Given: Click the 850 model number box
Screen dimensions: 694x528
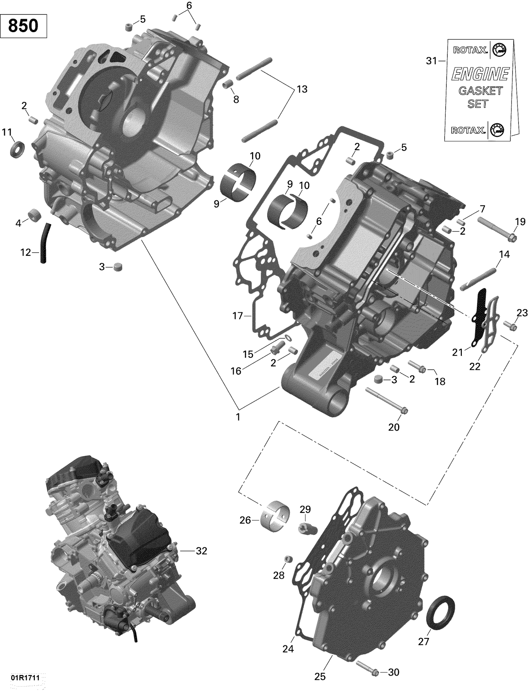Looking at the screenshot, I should [x=23, y=26].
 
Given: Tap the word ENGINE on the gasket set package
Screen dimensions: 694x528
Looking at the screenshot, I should [x=480, y=74].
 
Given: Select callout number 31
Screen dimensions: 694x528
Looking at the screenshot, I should [x=431, y=61].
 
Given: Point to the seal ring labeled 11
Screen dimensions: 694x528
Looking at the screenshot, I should [x=17, y=149].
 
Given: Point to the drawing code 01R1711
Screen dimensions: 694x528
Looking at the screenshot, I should [x=24, y=677].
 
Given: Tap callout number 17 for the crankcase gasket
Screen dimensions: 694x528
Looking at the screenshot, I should [x=238, y=315].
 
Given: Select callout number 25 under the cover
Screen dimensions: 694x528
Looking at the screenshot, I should [x=320, y=676].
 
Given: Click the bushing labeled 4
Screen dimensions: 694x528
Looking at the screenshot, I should [x=34, y=215].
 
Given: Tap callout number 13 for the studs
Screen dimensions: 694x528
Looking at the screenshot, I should [x=302, y=89].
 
